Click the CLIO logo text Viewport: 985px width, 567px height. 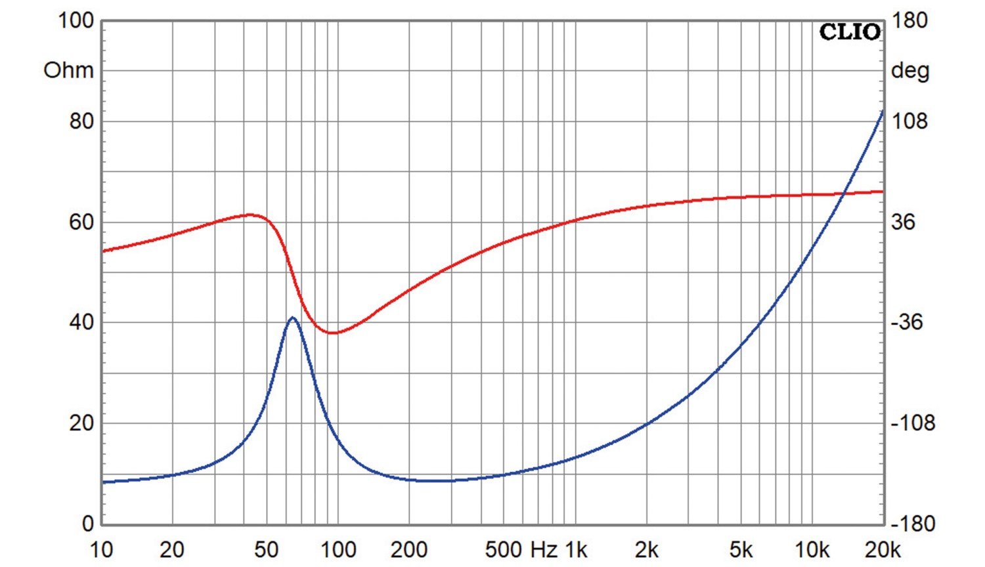[x=850, y=31]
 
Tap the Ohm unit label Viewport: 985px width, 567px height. [x=68, y=70]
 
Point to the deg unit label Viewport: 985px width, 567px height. [x=910, y=70]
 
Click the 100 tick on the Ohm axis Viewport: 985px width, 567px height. [x=76, y=20]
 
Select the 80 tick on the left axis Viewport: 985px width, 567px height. [x=81, y=121]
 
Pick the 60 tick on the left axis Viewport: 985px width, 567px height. [x=81, y=222]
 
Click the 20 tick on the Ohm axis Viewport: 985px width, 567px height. [x=81, y=423]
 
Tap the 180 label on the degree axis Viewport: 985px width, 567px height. [x=909, y=20]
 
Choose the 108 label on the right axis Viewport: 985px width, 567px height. [x=909, y=121]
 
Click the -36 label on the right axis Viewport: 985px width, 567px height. [x=906, y=322]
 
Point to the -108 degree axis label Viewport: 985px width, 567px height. [x=912, y=423]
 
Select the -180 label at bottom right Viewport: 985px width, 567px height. [x=912, y=524]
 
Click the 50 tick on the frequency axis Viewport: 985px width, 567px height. [x=266, y=550]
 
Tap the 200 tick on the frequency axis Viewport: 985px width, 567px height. [x=409, y=550]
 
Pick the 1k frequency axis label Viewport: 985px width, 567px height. [x=576, y=550]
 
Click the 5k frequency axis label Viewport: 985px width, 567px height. [x=741, y=550]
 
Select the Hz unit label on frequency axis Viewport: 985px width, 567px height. [x=542, y=550]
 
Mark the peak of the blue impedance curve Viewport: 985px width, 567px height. [x=293, y=318]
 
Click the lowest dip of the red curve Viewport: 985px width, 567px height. [x=334, y=333]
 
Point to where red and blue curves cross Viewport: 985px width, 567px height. [x=844, y=193]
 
